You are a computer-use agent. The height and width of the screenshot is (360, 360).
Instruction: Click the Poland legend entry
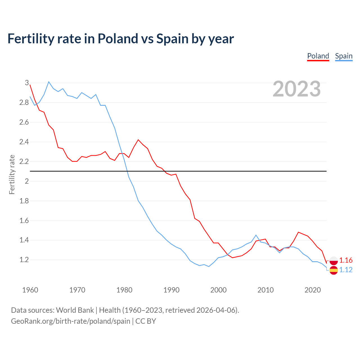tap(318, 56)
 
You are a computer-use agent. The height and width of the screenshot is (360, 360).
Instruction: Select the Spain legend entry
tap(344, 56)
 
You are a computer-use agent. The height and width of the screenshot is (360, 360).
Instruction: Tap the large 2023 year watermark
tap(297, 89)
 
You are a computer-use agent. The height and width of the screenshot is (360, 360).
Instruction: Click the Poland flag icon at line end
tap(334, 261)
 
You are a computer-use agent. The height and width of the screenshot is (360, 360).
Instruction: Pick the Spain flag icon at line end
tap(334, 270)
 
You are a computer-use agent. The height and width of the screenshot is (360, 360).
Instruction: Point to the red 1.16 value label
tap(346, 260)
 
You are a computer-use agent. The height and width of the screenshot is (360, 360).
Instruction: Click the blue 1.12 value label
tap(346, 270)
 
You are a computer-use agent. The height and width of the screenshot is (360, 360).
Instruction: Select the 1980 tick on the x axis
tap(124, 290)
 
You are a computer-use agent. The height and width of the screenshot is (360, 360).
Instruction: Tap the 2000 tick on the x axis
tap(219, 290)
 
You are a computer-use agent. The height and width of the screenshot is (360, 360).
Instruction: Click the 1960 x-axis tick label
tap(30, 290)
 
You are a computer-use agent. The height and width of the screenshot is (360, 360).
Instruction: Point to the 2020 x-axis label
tap(313, 290)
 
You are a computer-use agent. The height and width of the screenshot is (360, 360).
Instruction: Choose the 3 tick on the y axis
tap(27, 83)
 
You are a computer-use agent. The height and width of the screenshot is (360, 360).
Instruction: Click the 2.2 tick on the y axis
tap(24, 161)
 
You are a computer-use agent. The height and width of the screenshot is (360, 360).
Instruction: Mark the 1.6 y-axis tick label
tap(24, 220)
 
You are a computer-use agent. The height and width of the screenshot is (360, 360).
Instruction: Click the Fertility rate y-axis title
tap(12, 174)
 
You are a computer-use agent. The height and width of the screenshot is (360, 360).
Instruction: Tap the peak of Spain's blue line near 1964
tap(49, 82)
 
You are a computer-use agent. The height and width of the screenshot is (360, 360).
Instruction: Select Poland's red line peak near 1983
tap(138, 140)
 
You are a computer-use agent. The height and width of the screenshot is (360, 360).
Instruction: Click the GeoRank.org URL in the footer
tap(71, 321)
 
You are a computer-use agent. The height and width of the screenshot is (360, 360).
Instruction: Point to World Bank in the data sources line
tap(75, 310)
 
